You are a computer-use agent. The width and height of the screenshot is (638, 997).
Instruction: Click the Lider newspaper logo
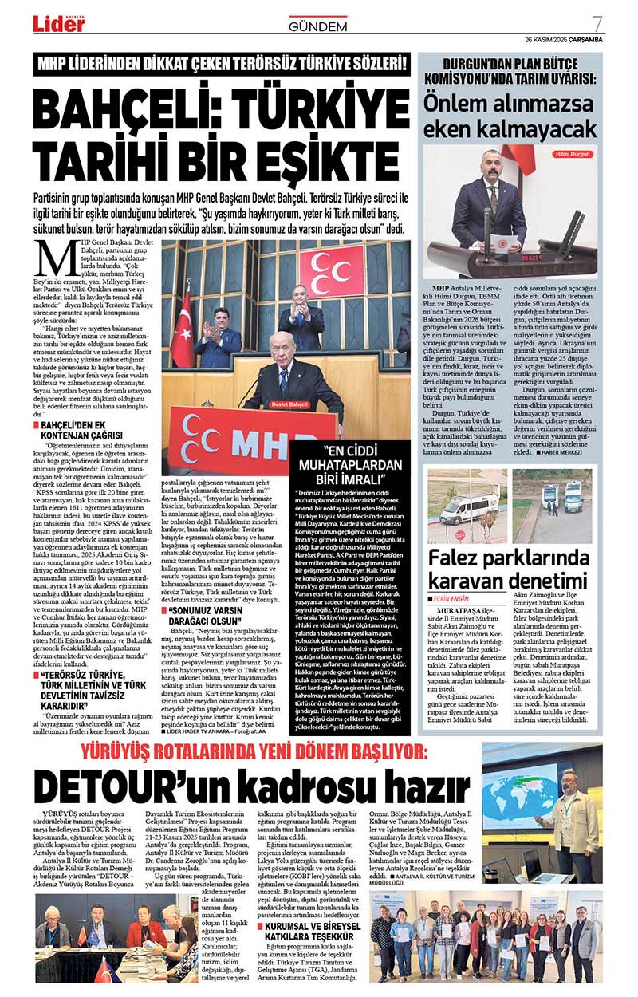(58, 24)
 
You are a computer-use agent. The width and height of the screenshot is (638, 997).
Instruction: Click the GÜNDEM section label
(317, 26)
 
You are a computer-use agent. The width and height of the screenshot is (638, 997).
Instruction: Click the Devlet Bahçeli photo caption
(289, 404)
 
